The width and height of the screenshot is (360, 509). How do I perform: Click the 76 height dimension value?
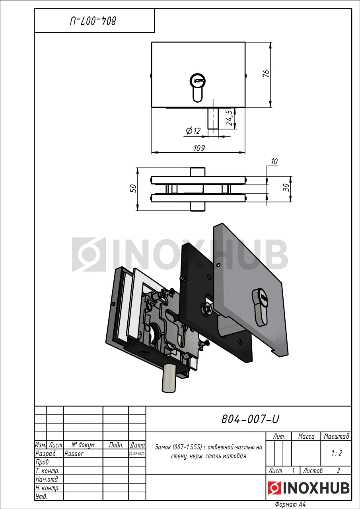266,74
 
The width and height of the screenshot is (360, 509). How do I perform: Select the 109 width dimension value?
199,148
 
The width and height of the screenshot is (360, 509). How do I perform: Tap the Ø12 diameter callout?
193,131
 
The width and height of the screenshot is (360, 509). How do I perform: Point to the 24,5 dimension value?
229,117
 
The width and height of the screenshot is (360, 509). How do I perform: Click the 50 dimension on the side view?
133,188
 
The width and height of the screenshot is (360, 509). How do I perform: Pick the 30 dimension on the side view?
287,187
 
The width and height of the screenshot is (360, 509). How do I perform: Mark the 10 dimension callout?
274,161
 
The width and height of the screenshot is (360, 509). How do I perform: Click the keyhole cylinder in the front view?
197,88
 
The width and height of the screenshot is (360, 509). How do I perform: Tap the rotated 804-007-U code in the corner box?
93,21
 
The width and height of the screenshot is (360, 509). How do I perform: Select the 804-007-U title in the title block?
250,419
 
